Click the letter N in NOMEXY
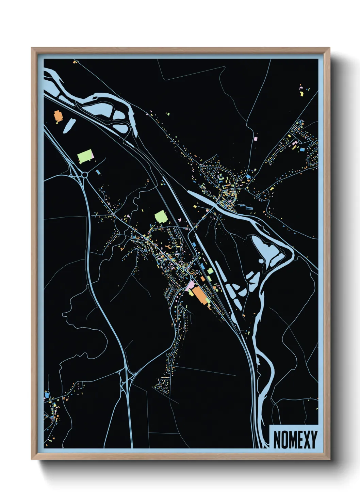(277, 440)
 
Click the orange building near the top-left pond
(58, 116)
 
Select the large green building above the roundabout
(85, 156)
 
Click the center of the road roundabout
(84, 174)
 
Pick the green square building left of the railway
(161, 217)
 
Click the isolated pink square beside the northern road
(256, 139)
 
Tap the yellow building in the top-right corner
(301, 93)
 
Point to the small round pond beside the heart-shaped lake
(261, 262)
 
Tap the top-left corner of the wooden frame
(32, 48)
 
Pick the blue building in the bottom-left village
(47, 395)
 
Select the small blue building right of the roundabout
(98, 172)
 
